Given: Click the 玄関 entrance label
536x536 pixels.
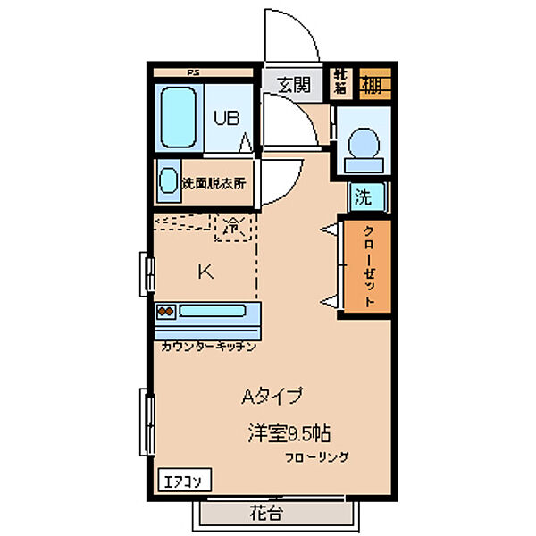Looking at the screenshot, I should pyautogui.click(x=292, y=86).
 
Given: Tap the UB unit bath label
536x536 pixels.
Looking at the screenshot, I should pyautogui.click(x=226, y=117).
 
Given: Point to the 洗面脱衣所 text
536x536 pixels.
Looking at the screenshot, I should pyautogui.click(x=215, y=183).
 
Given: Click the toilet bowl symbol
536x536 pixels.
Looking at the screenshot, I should pyautogui.click(x=363, y=146).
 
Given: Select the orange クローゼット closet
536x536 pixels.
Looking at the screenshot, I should pyautogui.click(x=369, y=265).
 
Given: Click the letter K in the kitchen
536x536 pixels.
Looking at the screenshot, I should pyautogui.click(x=205, y=272).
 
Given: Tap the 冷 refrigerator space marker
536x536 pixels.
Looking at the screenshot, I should pyautogui.click(x=232, y=227).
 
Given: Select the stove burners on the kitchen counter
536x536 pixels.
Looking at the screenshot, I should pyautogui.click(x=166, y=312).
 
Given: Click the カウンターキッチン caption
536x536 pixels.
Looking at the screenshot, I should pyautogui.click(x=210, y=344).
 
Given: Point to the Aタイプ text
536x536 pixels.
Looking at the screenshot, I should pyautogui.click(x=272, y=395).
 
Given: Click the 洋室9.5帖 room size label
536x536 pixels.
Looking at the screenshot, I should pyautogui.click(x=289, y=433).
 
